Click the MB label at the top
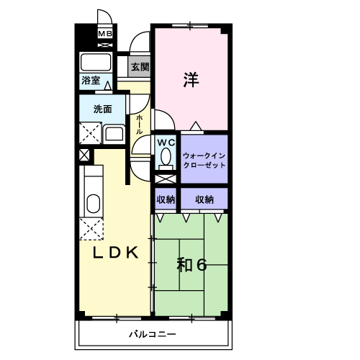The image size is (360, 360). point(105,34)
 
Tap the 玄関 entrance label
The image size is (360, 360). point(140,67)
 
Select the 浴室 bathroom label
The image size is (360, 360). point(91,81)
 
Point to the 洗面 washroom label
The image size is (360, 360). point(102,109)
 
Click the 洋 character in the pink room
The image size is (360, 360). point(192,80)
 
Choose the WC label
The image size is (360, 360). point(166,143)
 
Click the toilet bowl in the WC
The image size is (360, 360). point(166,156)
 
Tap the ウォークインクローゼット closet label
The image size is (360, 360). point(204,161)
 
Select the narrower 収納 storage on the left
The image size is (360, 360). point(166,199)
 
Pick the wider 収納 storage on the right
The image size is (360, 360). point(204,199)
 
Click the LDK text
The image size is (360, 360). point(116,253)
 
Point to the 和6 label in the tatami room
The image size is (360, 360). point(192,265)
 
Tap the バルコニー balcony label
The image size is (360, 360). point(153,334)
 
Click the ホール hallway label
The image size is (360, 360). point(140,125)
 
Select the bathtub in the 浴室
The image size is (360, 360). point(96,62)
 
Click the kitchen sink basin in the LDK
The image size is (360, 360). point(93,204)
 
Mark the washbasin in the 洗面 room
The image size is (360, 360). point(114,134)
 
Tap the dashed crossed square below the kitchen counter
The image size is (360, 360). point(91,229)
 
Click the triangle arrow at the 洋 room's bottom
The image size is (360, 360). point(196,126)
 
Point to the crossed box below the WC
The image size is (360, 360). point(166,179)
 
